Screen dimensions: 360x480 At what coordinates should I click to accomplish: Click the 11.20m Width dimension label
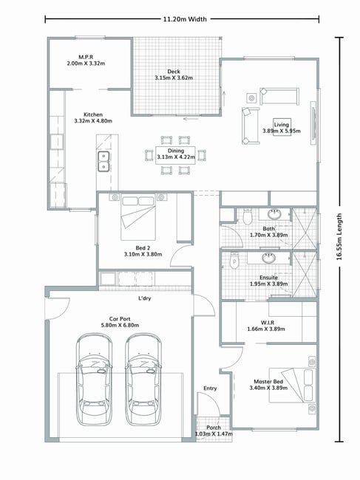point(185,19)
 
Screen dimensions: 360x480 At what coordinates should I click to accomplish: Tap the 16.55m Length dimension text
point(339,236)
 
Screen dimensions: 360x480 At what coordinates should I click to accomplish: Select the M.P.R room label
point(86,57)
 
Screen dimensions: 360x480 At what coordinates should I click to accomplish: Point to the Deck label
point(174,72)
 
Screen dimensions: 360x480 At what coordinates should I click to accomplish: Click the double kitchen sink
point(104,161)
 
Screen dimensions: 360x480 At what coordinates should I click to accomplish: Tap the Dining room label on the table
point(175,151)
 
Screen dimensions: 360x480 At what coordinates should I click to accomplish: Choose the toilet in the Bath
point(247,216)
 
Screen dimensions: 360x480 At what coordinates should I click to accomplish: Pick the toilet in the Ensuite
point(234,261)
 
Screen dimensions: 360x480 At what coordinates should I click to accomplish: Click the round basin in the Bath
point(274,214)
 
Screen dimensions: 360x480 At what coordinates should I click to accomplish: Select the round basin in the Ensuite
point(268,258)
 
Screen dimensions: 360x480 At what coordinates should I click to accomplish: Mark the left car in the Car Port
point(94,380)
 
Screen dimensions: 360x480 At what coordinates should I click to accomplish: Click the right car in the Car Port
point(143,380)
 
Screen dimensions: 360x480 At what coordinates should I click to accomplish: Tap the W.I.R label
point(268,323)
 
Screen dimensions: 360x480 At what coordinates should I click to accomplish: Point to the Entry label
point(210,388)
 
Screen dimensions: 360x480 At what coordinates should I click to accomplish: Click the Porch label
point(214,428)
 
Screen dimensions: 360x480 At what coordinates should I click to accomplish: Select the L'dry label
point(145,298)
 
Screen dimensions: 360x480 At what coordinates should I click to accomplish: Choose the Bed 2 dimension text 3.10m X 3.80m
point(143,254)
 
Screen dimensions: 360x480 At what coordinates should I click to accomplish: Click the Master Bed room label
point(268,382)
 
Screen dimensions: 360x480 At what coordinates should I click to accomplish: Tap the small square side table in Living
point(251,98)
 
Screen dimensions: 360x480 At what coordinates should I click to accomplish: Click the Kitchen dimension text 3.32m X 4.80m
point(93,121)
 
